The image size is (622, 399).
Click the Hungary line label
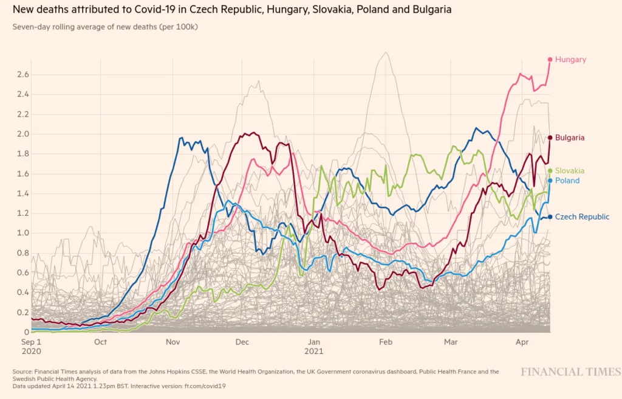coord(570,60)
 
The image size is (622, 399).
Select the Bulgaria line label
coord(570,138)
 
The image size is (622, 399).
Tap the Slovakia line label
coord(570,171)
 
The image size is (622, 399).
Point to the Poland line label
coord(567,181)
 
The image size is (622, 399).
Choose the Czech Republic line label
coord(582,217)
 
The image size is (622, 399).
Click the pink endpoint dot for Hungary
coord(550,60)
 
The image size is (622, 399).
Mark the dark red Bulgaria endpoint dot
coord(550,137)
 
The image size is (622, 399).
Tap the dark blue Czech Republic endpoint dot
coord(550,217)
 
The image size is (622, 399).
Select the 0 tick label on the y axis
coord(27,332)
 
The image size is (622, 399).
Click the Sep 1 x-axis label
coord(31,342)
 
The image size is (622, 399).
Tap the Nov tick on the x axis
coord(173,342)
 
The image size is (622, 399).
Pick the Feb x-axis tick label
coord(386,342)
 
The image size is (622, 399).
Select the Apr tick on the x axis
coord(522,342)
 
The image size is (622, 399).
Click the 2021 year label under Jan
coord(314,352)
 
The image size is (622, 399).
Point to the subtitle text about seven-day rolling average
coord(105,27)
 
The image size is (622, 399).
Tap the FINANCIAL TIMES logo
coord(571,372)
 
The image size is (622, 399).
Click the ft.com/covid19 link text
coord(205,386)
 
